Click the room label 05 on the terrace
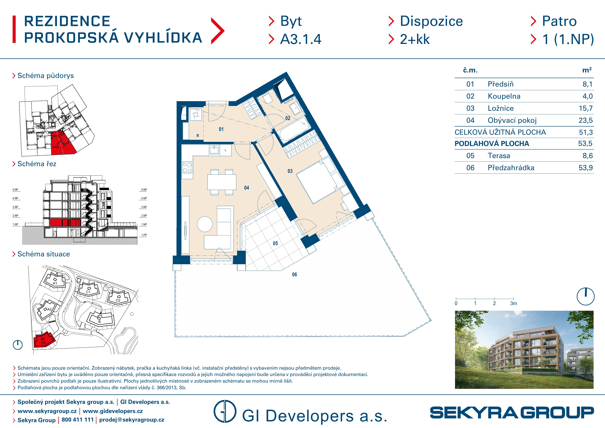275,243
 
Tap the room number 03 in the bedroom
290,171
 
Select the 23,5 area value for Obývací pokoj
585,121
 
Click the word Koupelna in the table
504,96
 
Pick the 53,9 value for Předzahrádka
585,168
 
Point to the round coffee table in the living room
205,224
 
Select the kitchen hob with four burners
187,167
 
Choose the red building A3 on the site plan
44,341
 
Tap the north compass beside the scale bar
585,296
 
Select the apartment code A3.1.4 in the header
301,39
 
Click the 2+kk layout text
415,39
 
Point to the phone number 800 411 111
78,420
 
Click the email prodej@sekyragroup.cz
131,420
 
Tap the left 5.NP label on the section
16,190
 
